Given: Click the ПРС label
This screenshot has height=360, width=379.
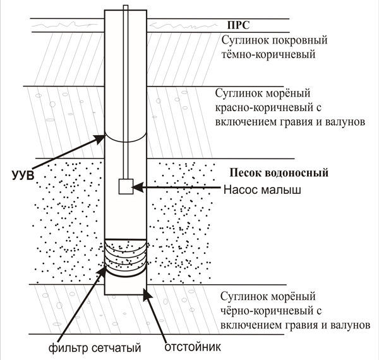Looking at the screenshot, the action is click(238, 25).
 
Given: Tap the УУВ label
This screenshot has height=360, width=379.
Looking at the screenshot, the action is click(23, 176).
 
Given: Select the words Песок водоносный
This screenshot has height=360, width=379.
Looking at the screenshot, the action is click(279, 173).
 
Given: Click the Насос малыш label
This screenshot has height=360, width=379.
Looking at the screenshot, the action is click(262, 189).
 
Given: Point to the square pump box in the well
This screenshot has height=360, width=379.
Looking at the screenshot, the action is click(126, 186).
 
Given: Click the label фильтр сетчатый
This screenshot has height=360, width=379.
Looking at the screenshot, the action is click(95, 348).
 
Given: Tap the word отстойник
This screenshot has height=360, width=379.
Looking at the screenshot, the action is click(193, 347).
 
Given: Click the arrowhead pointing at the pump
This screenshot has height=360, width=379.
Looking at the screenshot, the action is click(137, 187).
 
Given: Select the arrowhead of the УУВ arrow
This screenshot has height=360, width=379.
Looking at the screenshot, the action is click(100, 139).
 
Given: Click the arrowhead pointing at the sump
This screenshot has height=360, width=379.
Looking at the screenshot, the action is click(147, 294).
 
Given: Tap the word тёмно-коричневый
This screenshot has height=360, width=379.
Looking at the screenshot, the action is click(268, 54).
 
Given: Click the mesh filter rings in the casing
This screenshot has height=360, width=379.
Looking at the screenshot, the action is click(126, 257).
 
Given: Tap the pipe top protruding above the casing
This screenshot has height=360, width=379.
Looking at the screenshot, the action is click(126, 8).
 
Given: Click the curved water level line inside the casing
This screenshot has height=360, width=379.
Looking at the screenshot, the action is click(126, 140).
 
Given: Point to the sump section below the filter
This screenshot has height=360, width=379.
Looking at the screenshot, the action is click(126, 285).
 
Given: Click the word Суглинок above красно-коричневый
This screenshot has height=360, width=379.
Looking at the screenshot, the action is click(238, 93).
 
